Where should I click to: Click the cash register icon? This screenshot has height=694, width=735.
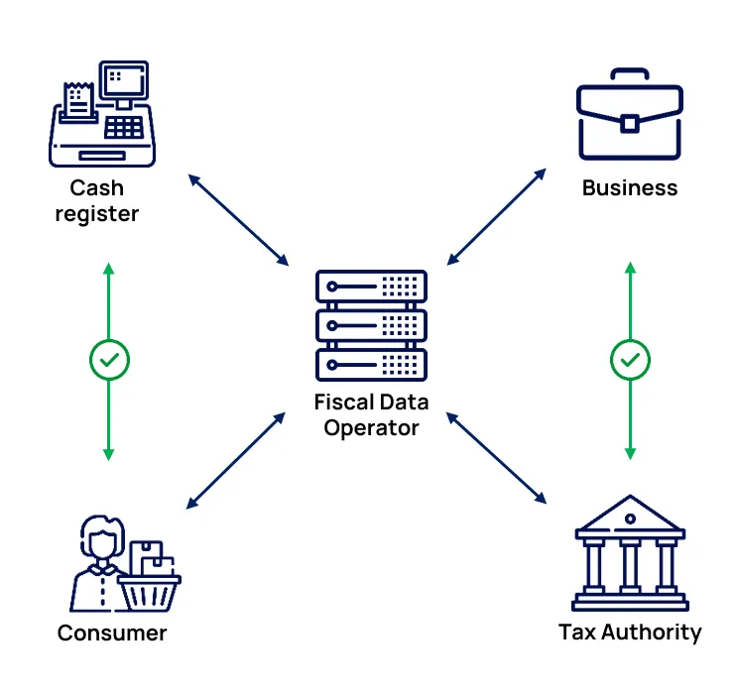pos(103,113)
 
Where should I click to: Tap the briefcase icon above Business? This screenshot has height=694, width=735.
pos(629,115)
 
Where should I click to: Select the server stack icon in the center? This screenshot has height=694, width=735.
pos(371,325)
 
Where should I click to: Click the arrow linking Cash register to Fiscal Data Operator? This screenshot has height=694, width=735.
pos(238,220)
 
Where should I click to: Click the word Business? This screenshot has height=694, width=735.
pos(629,187)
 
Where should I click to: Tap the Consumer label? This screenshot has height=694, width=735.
pos(112,633)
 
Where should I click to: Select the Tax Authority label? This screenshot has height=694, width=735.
pos(629,632)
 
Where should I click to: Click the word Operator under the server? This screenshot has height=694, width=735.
pos(371,428)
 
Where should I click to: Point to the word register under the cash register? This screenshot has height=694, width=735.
pos(97,213)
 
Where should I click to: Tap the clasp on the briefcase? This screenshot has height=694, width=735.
pos(629,122)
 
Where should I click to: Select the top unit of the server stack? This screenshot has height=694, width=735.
pos(371,287)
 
